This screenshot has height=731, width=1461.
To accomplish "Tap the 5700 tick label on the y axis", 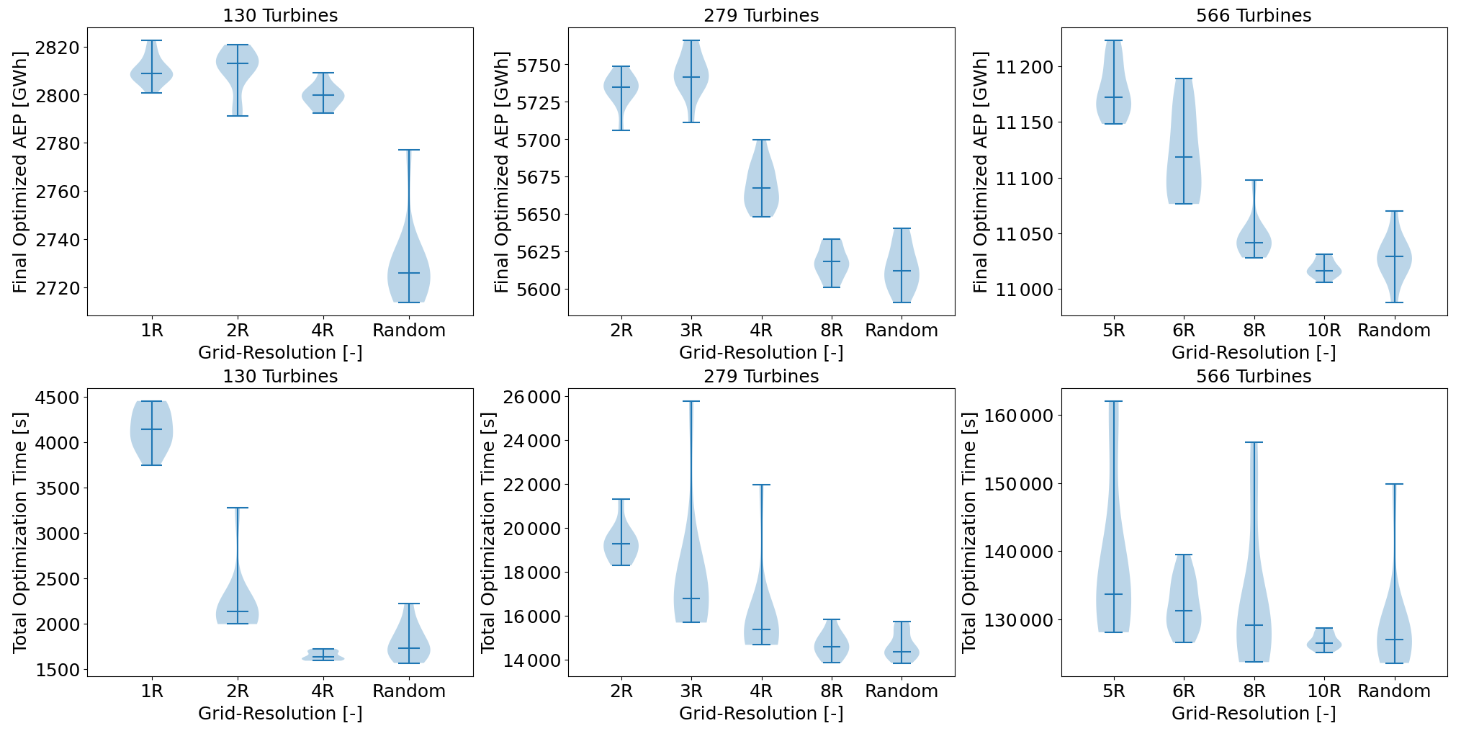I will click(x=539, y=140).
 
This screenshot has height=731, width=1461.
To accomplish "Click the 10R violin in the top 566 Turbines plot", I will click(x=1324, y=271).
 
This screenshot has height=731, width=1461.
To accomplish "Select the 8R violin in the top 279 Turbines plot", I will click(x=832, y=264).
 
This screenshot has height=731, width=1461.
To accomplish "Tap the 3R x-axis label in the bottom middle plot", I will click(x=691, y=691).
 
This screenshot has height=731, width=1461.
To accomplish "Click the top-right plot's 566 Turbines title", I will click(x=1254, y=15).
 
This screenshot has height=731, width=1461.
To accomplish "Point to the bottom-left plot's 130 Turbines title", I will click(x=280, y=376).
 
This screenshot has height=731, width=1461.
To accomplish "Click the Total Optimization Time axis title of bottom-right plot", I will click(x=969, y=532).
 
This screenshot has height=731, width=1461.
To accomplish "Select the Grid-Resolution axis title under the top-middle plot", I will click(x=761, y=353).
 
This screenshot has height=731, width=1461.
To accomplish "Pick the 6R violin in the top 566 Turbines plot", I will click(x=1184, y=158).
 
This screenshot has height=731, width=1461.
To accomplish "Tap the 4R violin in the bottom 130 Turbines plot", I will click(x=323, y=655).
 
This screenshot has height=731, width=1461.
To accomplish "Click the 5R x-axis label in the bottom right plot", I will click(x=1113, y=691).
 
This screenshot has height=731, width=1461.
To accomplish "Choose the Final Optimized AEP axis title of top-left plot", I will click(x=20, y=172).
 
